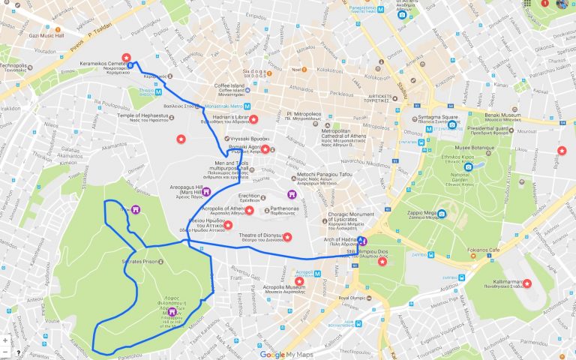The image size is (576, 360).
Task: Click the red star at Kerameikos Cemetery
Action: click(127, 58)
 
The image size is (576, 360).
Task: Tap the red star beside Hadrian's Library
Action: click(254, 119)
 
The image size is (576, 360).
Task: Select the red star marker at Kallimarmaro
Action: click(526, 283)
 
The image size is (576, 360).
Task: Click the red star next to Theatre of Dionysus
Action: click(287, 237)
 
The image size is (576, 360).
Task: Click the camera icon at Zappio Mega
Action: click(442, 215)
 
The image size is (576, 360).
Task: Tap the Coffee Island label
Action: click(232, 86)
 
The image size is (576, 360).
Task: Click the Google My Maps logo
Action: click(286, 354)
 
